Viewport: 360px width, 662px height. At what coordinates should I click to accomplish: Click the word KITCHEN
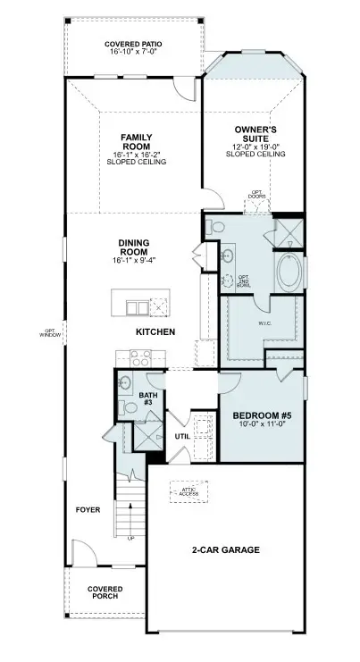point(155,331)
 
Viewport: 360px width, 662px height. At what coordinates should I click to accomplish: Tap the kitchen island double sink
point(137,308)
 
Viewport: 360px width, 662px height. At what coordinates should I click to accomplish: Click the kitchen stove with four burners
point(141,359)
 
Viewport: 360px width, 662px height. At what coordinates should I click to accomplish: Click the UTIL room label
point(182,437)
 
